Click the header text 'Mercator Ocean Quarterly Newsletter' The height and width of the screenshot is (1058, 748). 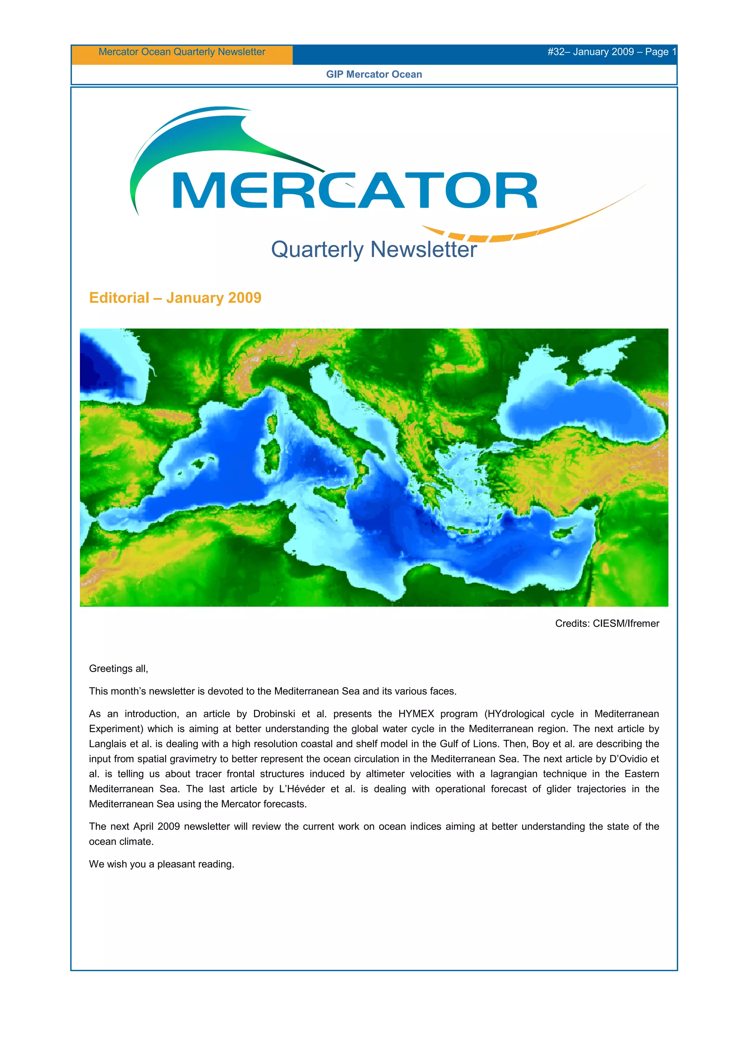pos(182,51)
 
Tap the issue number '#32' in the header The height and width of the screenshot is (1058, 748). pos(556,51)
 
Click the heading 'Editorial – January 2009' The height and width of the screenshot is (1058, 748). pos(175,298)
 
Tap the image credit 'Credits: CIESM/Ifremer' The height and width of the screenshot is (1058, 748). pos(607,624)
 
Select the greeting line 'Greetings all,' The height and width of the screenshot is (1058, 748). pos(118,668)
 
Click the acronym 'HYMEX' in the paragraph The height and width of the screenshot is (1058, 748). pos(416,714)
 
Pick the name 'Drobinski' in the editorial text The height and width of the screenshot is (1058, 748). pos(274,714)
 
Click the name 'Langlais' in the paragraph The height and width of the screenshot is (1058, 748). pos(107,744)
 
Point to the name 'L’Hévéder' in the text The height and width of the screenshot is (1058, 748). pos(302,789)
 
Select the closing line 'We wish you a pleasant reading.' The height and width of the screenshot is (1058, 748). pos(161,864)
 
